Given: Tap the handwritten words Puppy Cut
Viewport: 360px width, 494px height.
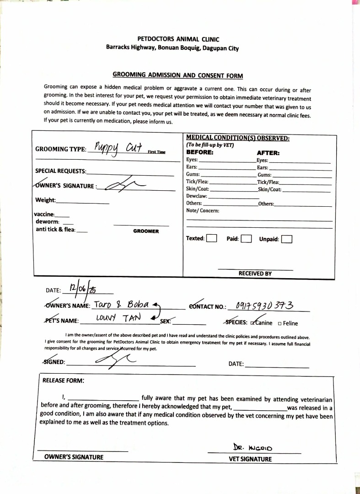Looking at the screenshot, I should click(x=118, y=148).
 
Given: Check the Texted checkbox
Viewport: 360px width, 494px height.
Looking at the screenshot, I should click(x=211, y=238).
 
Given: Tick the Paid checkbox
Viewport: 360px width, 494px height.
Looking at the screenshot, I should click(x=246, y=238).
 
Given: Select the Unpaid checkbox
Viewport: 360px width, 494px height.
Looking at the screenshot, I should click(x=286, y=239).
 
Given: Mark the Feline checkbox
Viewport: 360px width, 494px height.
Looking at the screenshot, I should click(x=279, y=324).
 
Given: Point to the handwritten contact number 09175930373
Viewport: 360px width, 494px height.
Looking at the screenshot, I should click(x=264, y=305).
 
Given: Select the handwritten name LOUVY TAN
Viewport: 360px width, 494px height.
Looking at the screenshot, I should click(x=120, y=317).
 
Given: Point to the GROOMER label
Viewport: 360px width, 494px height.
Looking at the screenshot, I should click(x=146, y=231).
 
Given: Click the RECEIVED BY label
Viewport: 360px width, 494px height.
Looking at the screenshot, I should click(x=255, y=274).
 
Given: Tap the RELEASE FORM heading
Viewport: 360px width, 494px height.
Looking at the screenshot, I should click(x=63, y=380).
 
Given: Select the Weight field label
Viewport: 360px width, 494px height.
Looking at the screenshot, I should click(x=45, y=200).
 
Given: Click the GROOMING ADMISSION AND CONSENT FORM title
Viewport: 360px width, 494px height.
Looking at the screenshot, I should click(x=177, y=75).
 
